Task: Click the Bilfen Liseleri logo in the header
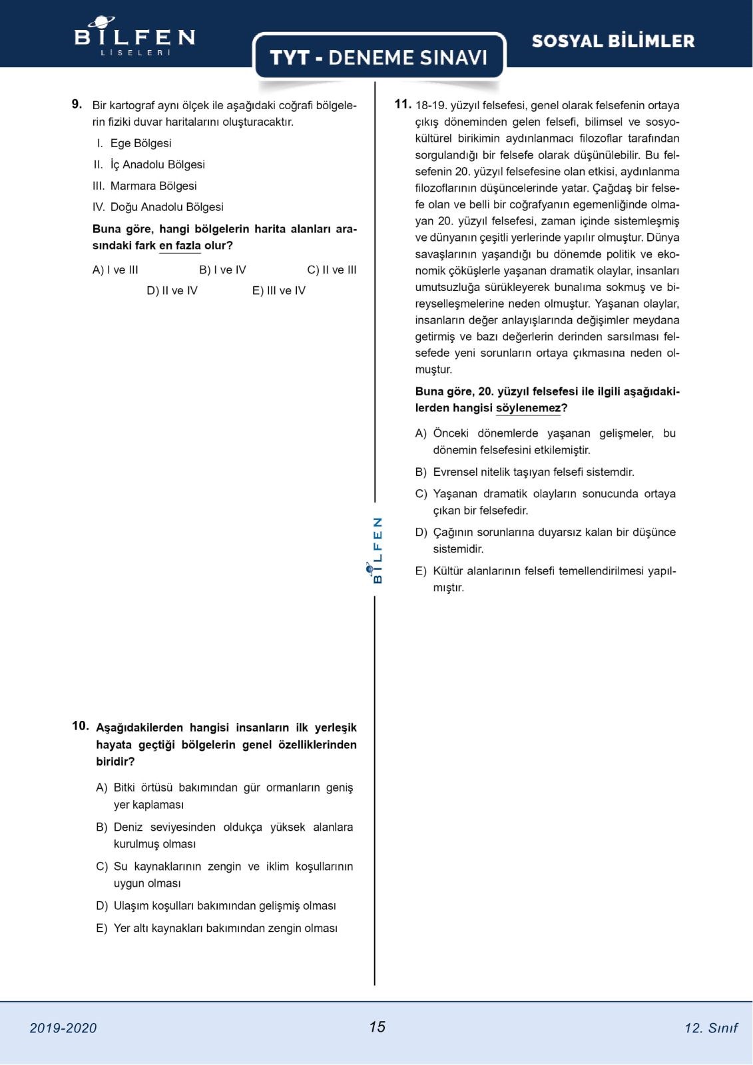(x=134, y=37)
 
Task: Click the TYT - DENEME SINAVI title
(x=379, y=57)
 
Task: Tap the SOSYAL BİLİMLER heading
(x=613, y=41)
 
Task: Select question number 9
(x=77, y=104)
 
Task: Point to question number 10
(x=80, y=726)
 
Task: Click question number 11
(x=402, y=104)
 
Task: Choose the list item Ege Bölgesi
(x=140, y=143)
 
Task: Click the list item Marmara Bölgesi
(x=153, y=186)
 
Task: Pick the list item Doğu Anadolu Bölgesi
(x=166, y=207)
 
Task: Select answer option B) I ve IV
(x=222, y=270)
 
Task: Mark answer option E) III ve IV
(x=278, y=290)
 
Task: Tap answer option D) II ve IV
(x=172, y=290)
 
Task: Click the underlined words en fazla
(x=180, y=246)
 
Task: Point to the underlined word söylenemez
(x=529, y=408)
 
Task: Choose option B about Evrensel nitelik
(x=533, y=472)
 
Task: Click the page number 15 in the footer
(x=377, y=1026)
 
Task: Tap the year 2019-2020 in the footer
(x=63, y=1028)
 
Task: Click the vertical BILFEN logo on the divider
(x=377, y=550)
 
